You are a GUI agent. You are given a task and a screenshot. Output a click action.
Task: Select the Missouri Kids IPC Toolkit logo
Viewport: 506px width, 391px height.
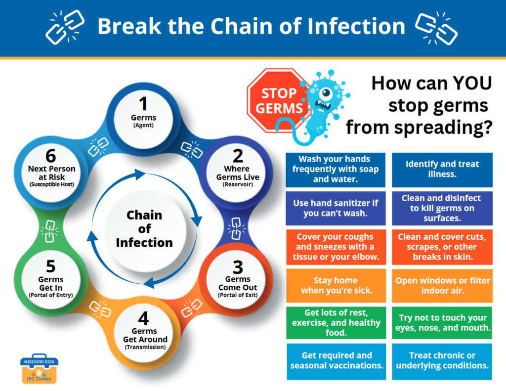[39, 368]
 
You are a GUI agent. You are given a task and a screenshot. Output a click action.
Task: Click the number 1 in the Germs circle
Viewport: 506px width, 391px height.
[143, 104]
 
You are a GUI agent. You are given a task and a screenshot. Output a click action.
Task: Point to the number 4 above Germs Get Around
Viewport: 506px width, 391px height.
[144, 319]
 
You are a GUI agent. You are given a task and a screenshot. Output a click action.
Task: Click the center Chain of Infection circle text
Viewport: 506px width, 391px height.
[144, 229]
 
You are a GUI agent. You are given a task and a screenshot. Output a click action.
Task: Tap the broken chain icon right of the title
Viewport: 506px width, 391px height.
[435, 27]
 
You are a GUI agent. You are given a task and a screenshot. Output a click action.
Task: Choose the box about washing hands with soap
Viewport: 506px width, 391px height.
[335, 170]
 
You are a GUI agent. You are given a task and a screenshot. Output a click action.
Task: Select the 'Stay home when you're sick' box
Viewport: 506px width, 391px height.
[335, 286]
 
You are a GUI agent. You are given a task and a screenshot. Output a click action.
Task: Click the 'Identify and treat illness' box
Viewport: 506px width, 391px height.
[442, 170]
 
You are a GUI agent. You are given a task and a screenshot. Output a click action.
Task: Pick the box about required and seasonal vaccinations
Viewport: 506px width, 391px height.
[335, 361]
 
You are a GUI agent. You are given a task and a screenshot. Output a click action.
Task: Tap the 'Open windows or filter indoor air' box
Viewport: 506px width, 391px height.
[442, 286]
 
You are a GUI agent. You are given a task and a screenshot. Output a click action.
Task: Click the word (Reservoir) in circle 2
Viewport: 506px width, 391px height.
[238, 185]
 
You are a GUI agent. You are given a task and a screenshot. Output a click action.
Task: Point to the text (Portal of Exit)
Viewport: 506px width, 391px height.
[238, 296]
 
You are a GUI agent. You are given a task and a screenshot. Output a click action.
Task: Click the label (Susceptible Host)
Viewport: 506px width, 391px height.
[51, 185]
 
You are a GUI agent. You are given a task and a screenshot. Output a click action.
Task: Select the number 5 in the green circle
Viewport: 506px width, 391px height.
[51, 266]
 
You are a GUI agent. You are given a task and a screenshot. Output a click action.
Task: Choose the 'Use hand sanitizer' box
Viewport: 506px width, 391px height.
[335, 208]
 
